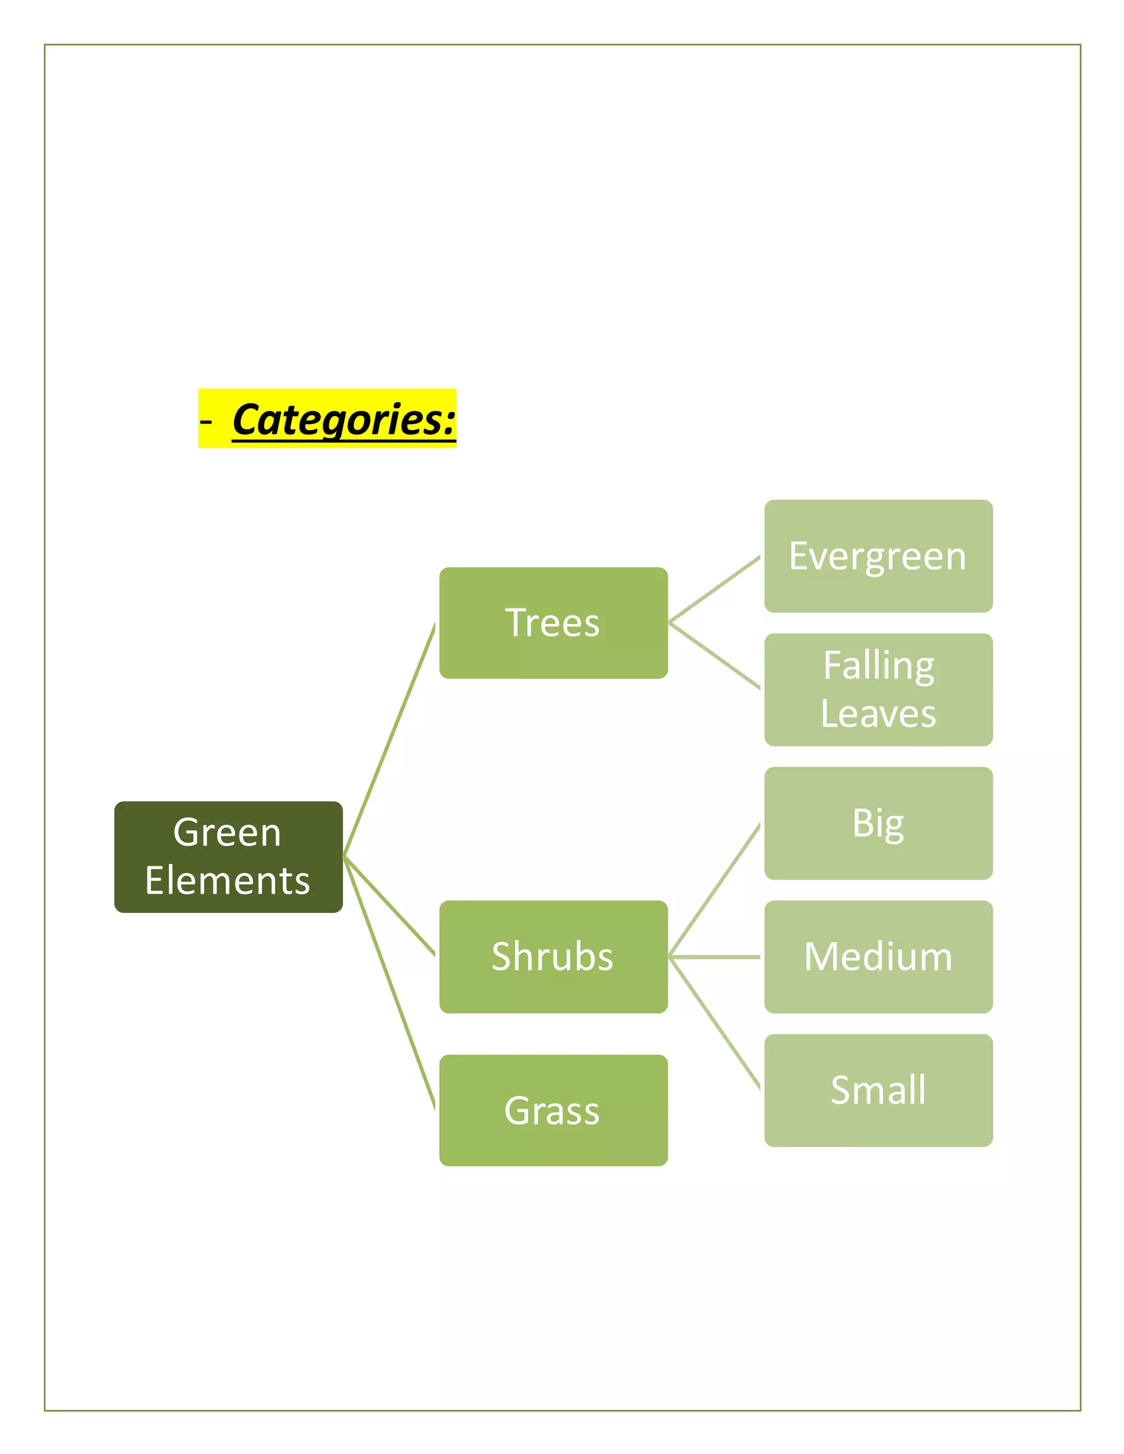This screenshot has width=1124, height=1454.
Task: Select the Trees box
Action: point(553,623)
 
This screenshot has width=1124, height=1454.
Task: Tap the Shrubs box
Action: point(553,957)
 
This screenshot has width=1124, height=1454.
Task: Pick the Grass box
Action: point(553,1110)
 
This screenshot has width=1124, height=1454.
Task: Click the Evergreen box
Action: point(878,556)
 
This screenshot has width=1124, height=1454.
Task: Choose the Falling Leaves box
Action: point(878,689)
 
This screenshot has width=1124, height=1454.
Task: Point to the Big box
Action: point(878,823)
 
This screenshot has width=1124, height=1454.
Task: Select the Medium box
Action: point(878,957)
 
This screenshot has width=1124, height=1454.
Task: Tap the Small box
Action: point(878,1090)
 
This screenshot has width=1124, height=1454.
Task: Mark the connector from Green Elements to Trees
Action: point(389,740)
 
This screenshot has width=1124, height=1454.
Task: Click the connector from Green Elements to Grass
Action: point(389,983)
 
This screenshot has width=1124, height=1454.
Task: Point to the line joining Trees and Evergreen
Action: point(714,589)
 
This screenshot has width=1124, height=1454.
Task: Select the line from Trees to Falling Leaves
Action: point(714,656)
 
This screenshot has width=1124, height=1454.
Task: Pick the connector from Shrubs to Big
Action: point(714,890)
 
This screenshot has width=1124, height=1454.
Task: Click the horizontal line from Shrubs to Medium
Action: point(714,957)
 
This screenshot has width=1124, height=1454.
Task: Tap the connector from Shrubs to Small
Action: point(714,1023)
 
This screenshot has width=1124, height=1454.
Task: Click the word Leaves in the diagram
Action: point(878,714)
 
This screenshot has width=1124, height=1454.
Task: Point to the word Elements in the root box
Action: point(228,881)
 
